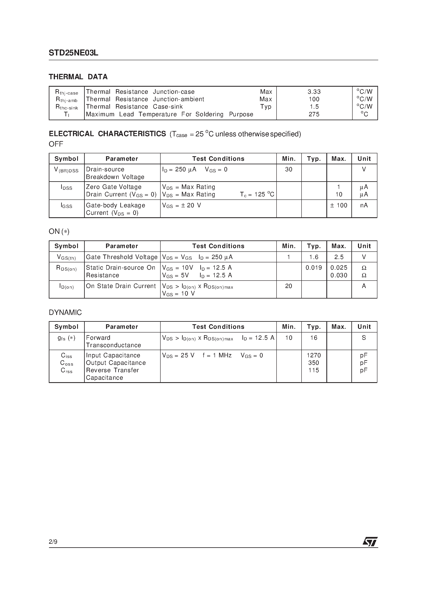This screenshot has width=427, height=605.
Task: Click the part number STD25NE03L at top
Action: tap(73, 53)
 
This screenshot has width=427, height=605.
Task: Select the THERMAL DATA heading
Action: tap(78, 77)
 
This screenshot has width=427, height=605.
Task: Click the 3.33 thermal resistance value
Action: tap(314, 92)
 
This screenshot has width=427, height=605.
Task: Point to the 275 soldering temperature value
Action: tap(314, 114)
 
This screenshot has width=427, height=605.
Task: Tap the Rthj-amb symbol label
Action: tap(67, 100)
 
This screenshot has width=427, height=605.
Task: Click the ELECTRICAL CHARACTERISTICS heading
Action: tap(107, 134)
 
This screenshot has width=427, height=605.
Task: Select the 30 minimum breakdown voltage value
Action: tap(289, 169)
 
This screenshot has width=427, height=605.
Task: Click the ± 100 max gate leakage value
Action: tap(339, 205)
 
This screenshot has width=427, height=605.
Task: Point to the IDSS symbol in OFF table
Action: tap(66, 187)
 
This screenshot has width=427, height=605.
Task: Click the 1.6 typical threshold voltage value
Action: tap(314, 257)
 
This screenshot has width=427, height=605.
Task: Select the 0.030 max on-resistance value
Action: tap(339, 275)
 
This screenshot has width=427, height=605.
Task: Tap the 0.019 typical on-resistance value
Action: tap(314, 268)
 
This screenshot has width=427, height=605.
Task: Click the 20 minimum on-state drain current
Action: tap(289, 286)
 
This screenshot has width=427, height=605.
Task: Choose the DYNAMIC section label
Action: tap(65, 312)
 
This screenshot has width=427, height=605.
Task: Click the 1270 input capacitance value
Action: tap(314, 355)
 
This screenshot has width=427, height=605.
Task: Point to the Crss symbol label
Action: tap(66, 371)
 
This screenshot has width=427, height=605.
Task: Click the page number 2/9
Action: tap(53, 542)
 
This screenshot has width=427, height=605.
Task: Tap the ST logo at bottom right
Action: tap(370, 542)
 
